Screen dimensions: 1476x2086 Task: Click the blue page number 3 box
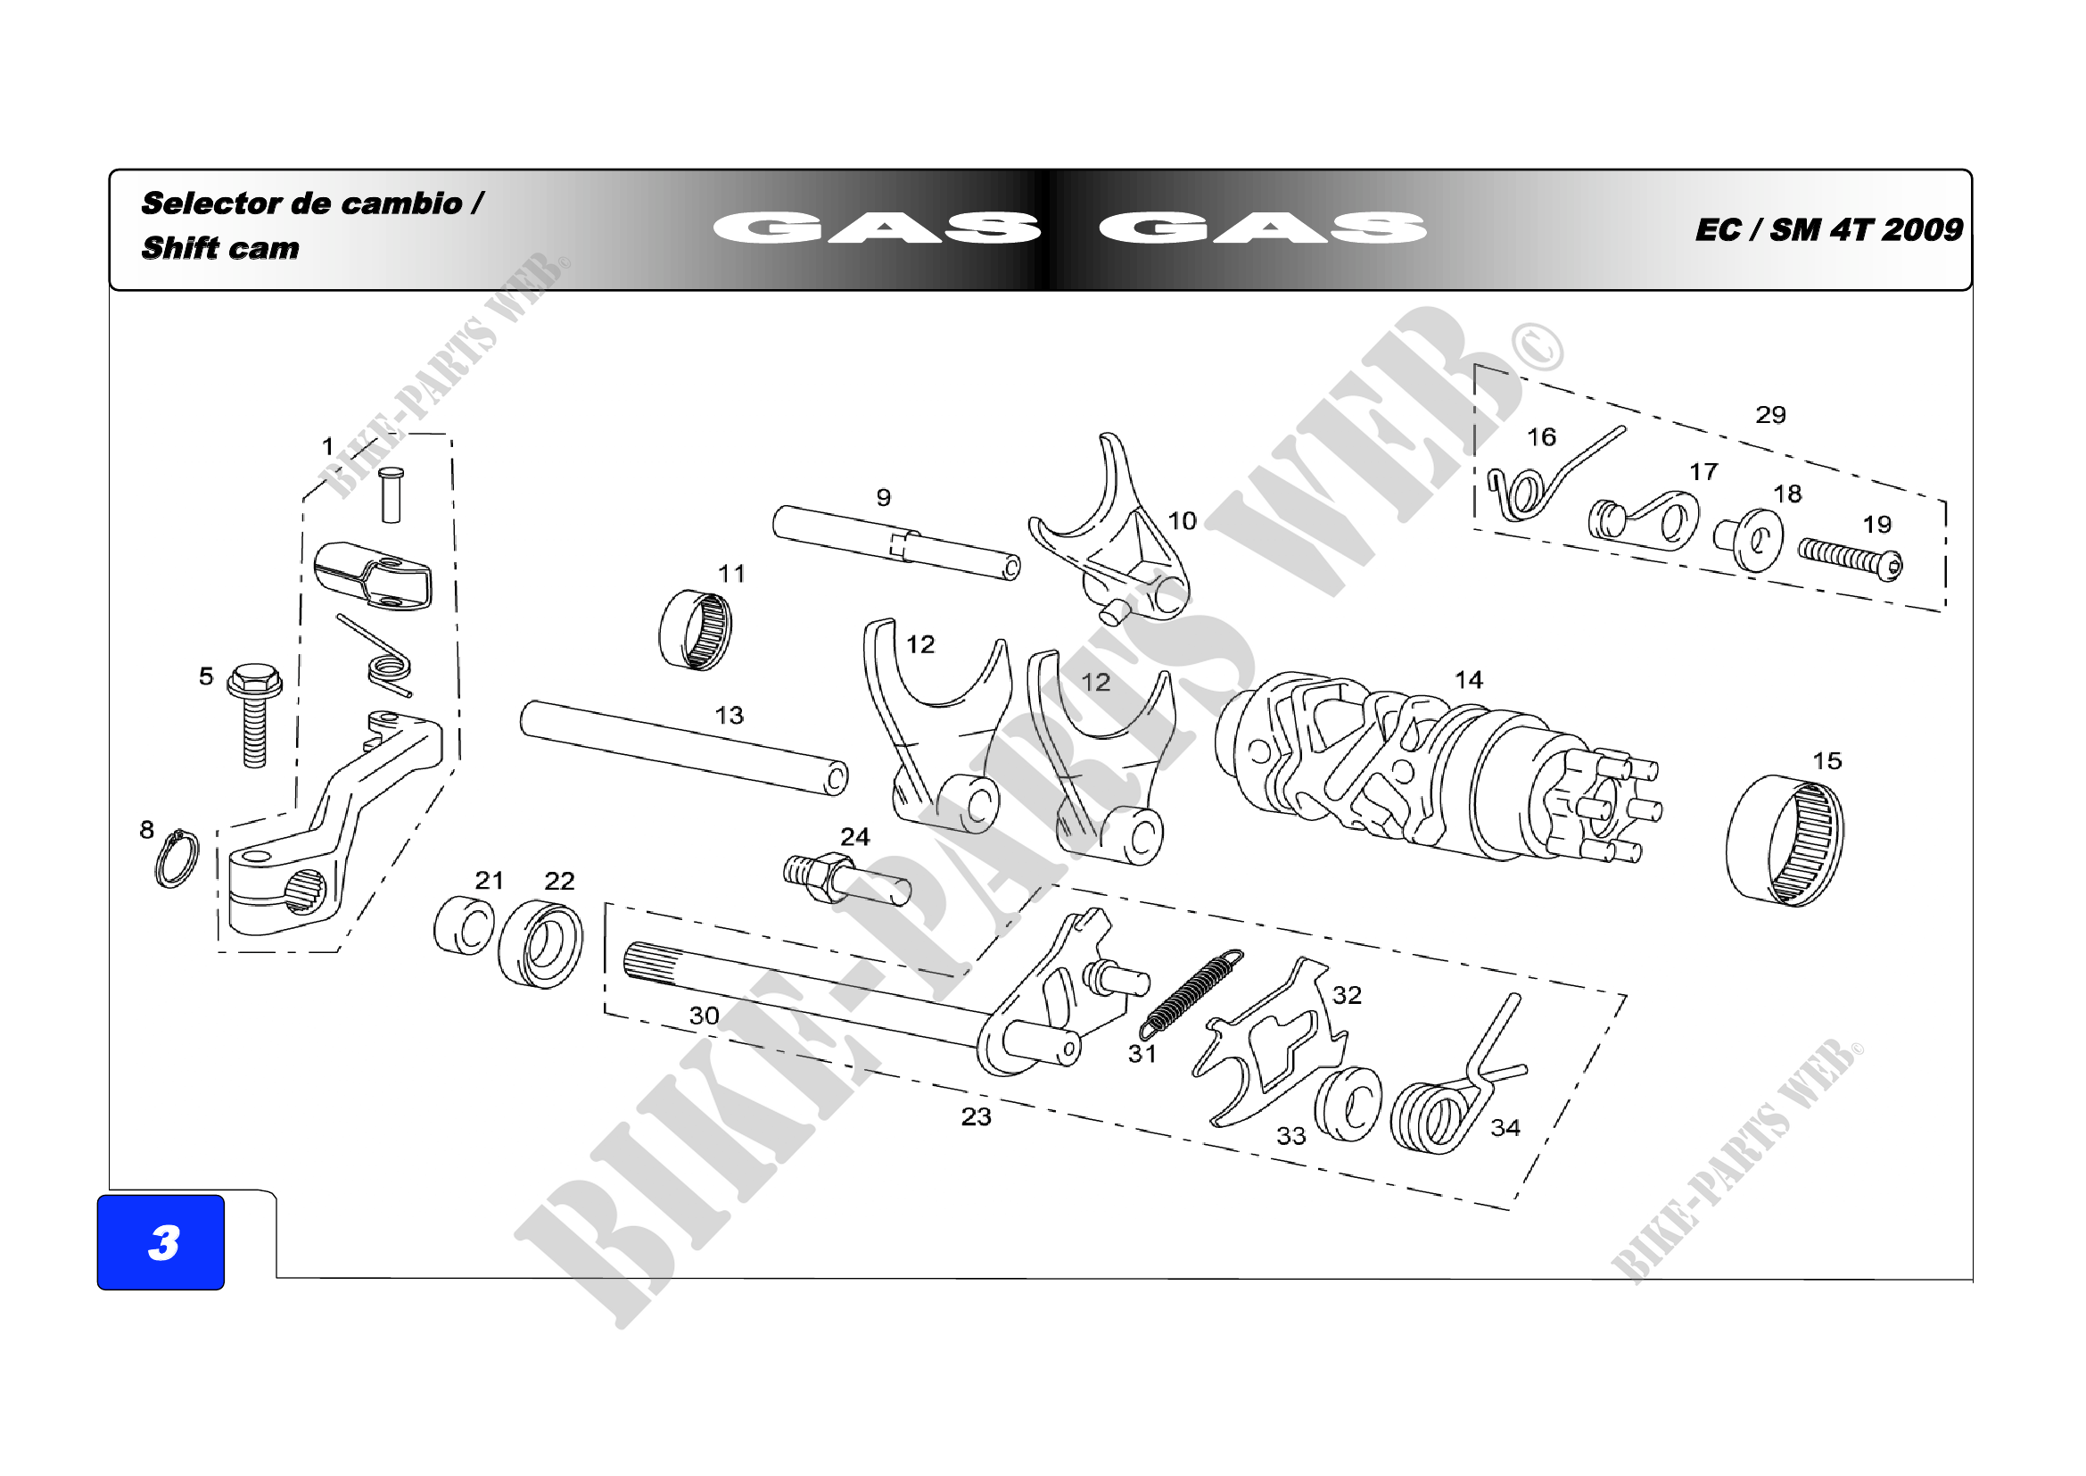161,1241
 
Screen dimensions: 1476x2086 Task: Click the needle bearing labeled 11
695,629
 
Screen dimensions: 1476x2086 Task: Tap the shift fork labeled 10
1110,536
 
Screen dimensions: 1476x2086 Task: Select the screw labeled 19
1850,558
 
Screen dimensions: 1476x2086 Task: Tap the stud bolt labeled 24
845,879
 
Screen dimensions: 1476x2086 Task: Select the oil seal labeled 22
541,942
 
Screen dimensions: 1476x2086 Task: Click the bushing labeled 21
464,926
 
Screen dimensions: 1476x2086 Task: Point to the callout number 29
1769,415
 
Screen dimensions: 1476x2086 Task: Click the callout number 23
976,1117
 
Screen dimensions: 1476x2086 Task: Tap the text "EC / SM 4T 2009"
1828,230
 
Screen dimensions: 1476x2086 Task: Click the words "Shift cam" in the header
220,248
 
